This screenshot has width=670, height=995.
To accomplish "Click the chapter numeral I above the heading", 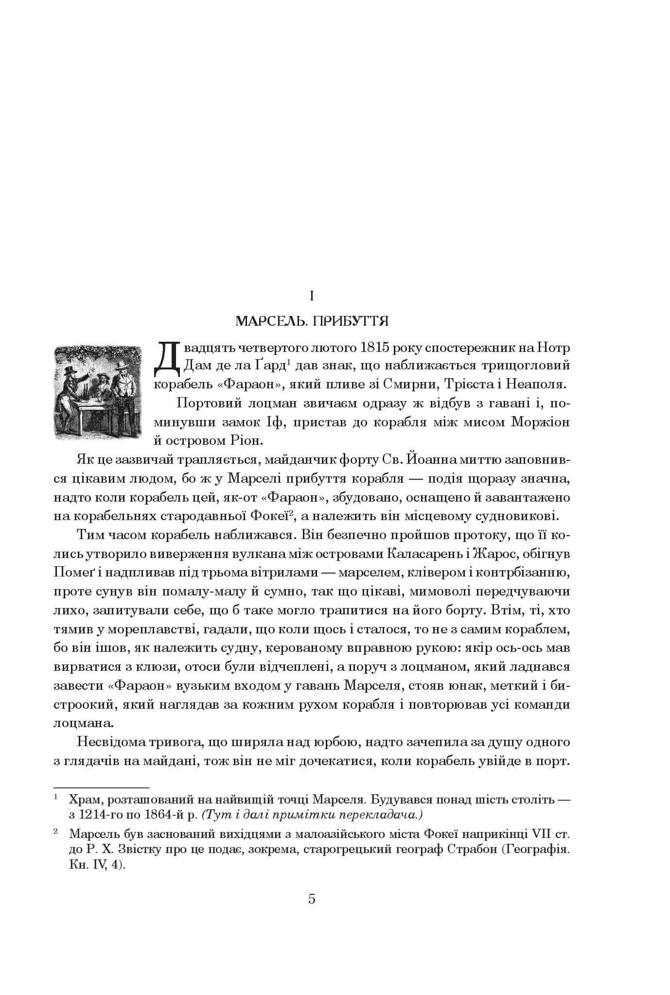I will (x=312, y=295).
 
